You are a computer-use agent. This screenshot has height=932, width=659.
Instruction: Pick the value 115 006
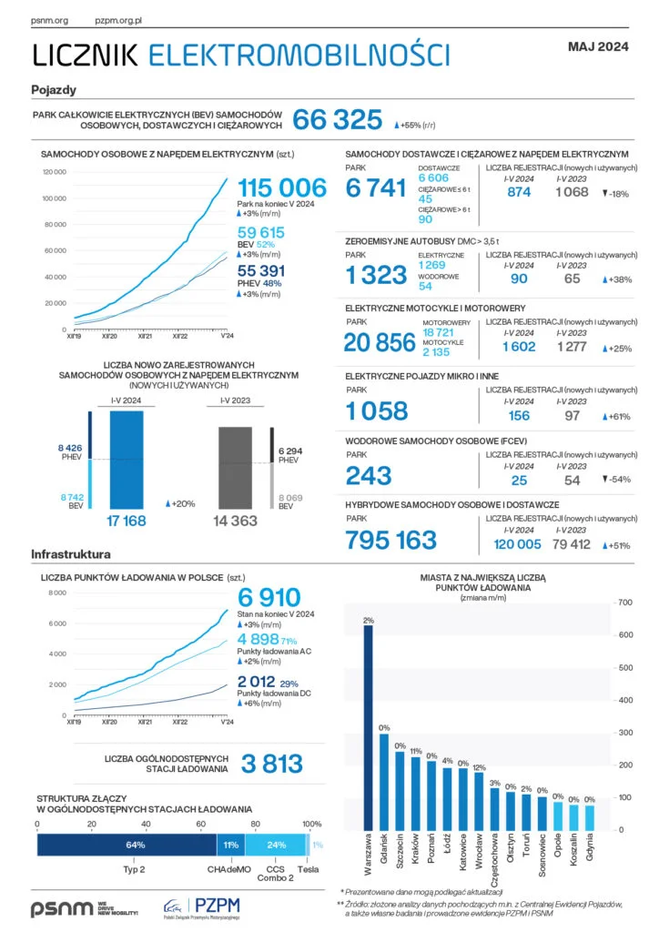pyautogui.click(x=281, y=187)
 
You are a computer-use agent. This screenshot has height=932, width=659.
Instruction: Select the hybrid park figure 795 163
pyautogui.click(x=391, y=540)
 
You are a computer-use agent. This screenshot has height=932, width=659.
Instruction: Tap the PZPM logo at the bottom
pyautogui.click(x=201, y=907)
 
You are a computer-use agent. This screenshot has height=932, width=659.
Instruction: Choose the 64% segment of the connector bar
pyautogui.click(x=136, y=845)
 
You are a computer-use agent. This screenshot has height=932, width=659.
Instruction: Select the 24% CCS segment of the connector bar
pyautogui.click(x=277, y=845)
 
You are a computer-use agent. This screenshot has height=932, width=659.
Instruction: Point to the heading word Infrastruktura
pyautogui.click(x=71, y=553)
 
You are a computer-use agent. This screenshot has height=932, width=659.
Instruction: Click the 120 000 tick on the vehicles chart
pyautogui.click(x=55, y=171)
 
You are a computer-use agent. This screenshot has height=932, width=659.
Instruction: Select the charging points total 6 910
pyautogui.click(x=269, y=598)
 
